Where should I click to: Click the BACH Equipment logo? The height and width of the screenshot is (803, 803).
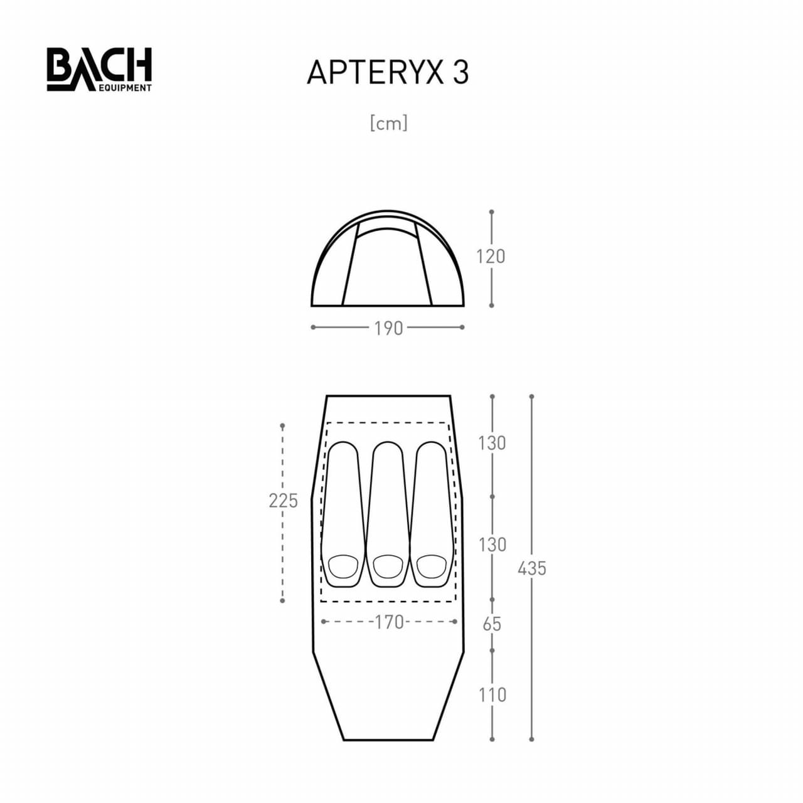pos(98,69)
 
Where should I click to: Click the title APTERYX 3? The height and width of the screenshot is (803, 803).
pos(388,73)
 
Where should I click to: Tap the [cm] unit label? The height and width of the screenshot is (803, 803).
pos(389,124)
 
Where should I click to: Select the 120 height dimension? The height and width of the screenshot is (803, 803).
pos(491,257)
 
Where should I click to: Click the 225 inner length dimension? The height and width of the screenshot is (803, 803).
pos(284,501)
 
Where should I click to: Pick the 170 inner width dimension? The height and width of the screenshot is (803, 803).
pos(389,622)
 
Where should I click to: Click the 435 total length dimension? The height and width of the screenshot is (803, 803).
pos(532,568)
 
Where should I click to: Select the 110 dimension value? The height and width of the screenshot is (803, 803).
pos(492,695)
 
